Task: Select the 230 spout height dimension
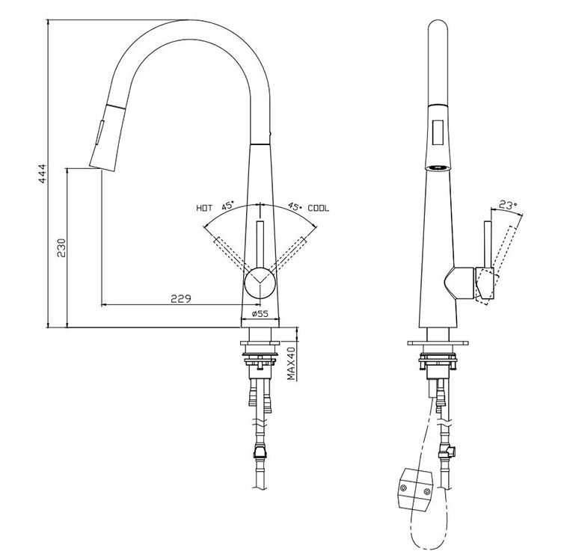pos(62,247)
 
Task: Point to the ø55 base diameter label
pos(260,315)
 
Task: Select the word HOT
pos(204,208)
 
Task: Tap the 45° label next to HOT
pos(227,205)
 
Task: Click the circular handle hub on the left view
pos(260,285)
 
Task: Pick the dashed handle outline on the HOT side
pos(227,254)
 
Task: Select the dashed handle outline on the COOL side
pos(292,254)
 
